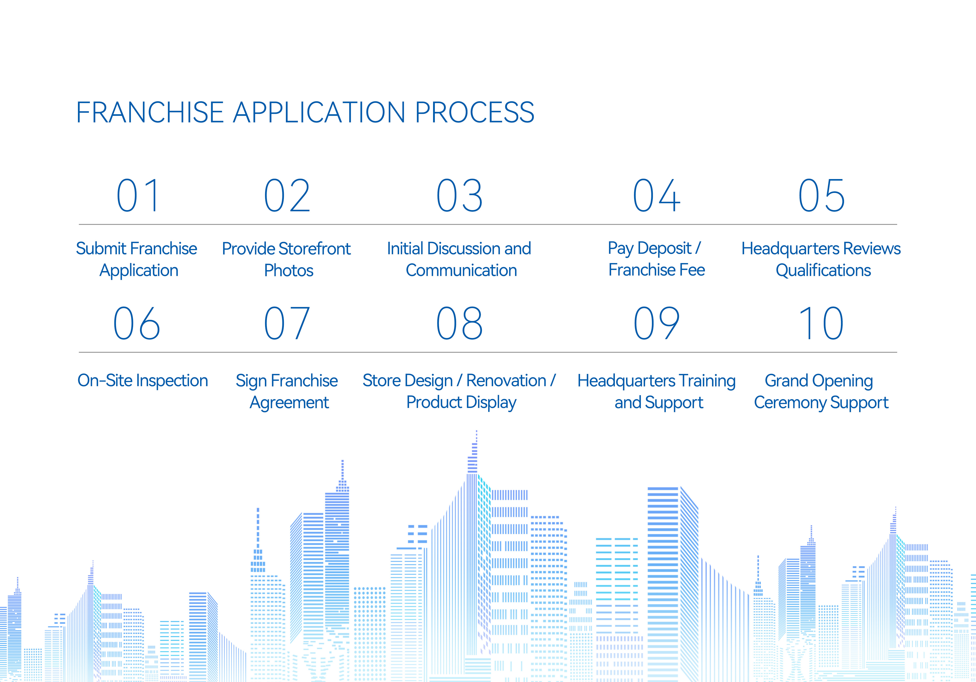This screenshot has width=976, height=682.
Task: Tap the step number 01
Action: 138,196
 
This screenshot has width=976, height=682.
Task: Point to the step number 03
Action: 459,196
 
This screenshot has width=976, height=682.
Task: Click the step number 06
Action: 136,323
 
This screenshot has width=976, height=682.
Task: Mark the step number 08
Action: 459,323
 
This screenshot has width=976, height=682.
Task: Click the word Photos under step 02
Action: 289,271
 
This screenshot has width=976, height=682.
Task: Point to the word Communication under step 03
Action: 461,271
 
